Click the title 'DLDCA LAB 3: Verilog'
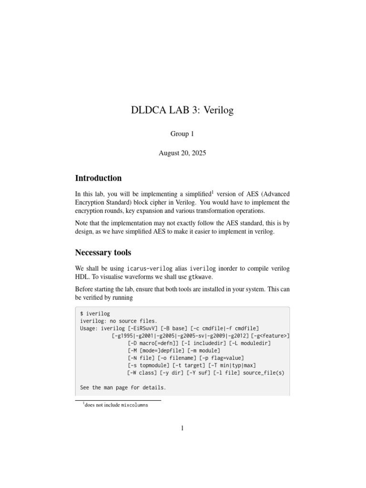[x=183, y=111]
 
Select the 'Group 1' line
[x=183, y=134]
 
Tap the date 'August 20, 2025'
[x=183, y=153]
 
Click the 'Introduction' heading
[x=98, y=178]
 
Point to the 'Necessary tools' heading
[x=103, y=253]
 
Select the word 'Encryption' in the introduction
[x=91, y=203]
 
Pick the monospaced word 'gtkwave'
[x=200, y=277]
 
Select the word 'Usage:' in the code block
[x=91, y=328]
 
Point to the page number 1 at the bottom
[x=183, y=428]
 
